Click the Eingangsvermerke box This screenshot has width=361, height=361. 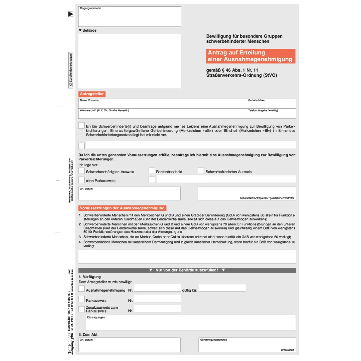tap(129, 17)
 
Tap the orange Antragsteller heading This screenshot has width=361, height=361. tap(92, 94)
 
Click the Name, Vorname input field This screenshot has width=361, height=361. tap(162, 104)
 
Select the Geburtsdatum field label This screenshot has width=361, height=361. tap(256, 100)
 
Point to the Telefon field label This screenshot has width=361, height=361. tap(263, 110)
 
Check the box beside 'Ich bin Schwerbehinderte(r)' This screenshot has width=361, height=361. tap(81, 125)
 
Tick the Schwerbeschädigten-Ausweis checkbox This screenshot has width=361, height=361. tap(81, 171)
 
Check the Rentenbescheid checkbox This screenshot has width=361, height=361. tap(152, 171)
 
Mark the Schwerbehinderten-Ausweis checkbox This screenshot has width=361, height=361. tap(201, 171)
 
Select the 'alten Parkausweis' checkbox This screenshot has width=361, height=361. tap(81, 180)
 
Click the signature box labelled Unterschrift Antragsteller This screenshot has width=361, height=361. tap(247, 193)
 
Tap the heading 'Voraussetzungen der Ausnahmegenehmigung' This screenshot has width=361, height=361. tap(122, 208)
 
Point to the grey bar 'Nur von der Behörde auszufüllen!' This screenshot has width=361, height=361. tap(187, 270)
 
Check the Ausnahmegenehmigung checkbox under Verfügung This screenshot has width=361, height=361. tap(81, 289)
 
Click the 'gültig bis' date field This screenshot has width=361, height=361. tap(222, 288)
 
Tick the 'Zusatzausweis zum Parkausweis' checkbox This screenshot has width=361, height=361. tap(81, 309)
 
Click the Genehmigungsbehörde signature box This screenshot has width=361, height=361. tap(247, 345)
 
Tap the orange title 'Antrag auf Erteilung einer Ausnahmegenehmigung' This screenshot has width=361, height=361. tap(250, 56)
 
